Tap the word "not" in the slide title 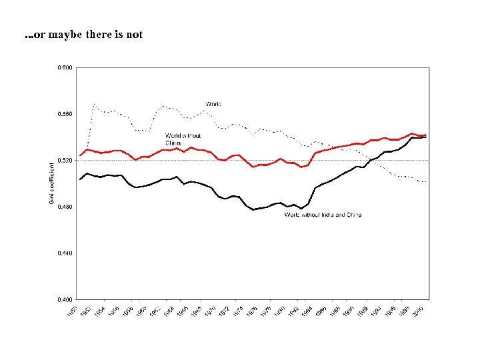[x=134, y=35]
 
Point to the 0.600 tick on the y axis [x=65, y=68]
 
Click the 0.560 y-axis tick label [x=65, y=114]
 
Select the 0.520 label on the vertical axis [x=65, y=161]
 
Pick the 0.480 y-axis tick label [x=65, y=207]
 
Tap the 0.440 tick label [x=65, y=253]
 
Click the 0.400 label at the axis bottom [x=65, y=299]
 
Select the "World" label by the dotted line [x=213, y=104]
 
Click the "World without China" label [x=183, y=139]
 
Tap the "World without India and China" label [x=323, y=215]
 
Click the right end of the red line [x=426, y=135]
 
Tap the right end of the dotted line [x=426, y=182]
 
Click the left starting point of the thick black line [x=80, y=179]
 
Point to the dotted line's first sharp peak [x=95, y=104]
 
